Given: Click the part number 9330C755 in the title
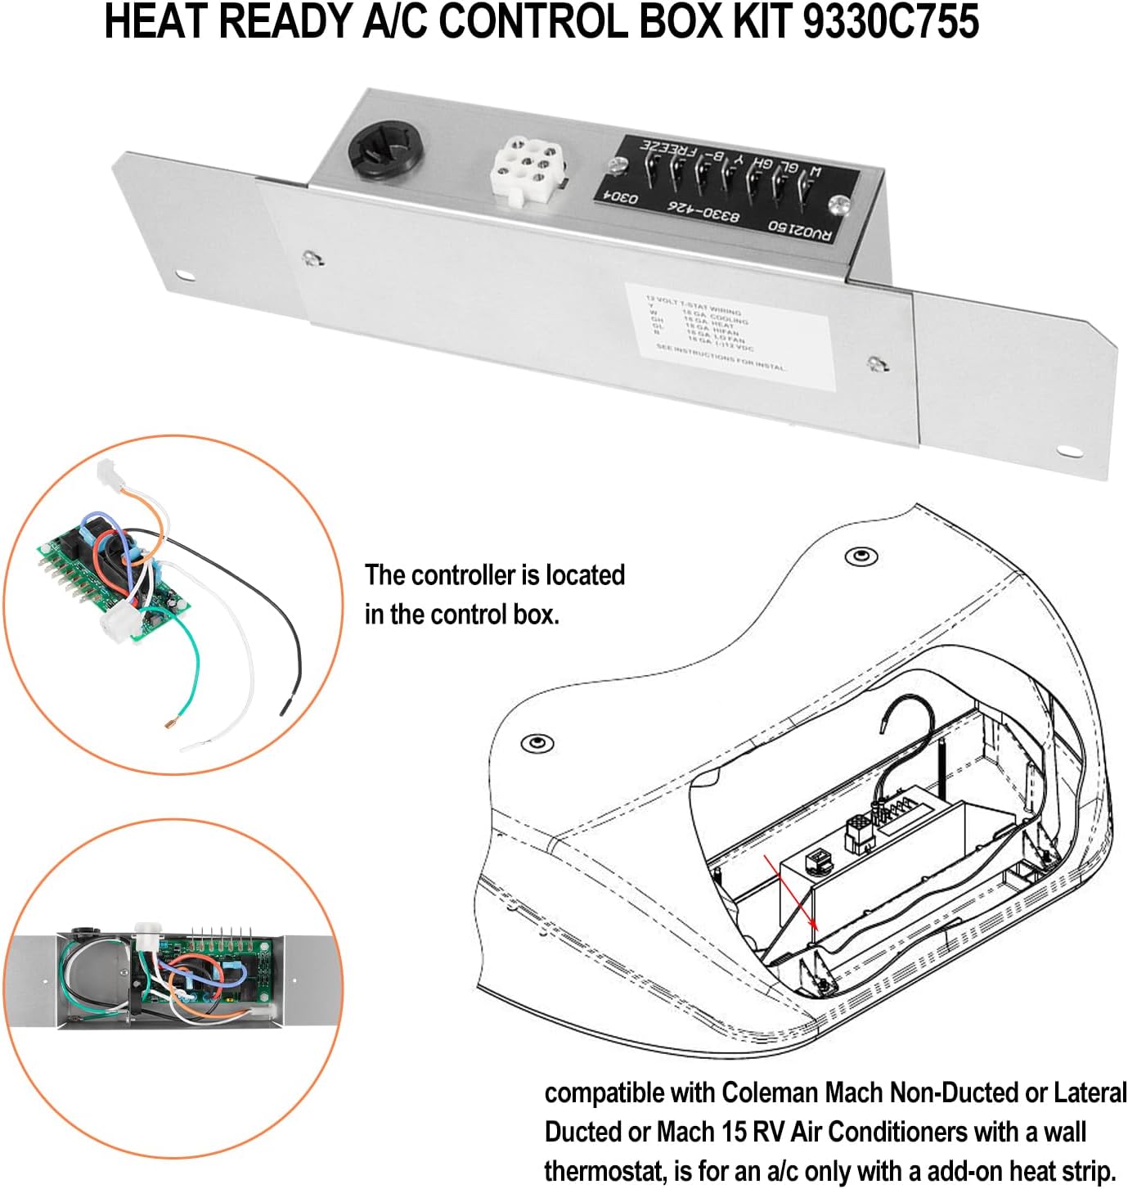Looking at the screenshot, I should coord(891,23).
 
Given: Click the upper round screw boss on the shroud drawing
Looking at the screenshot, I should coord(861,556).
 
